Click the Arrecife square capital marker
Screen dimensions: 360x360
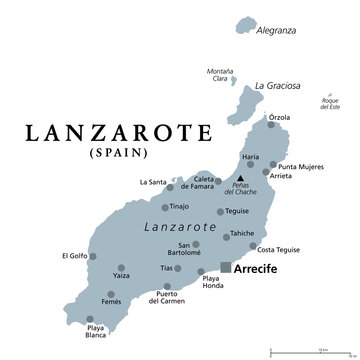pos(226,267)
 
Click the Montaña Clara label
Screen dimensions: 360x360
pos(220,75)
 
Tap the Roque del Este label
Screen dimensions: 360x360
pos(331,102)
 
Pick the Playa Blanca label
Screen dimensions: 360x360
pos(96,333)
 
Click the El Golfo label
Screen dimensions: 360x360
pos(74,255)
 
